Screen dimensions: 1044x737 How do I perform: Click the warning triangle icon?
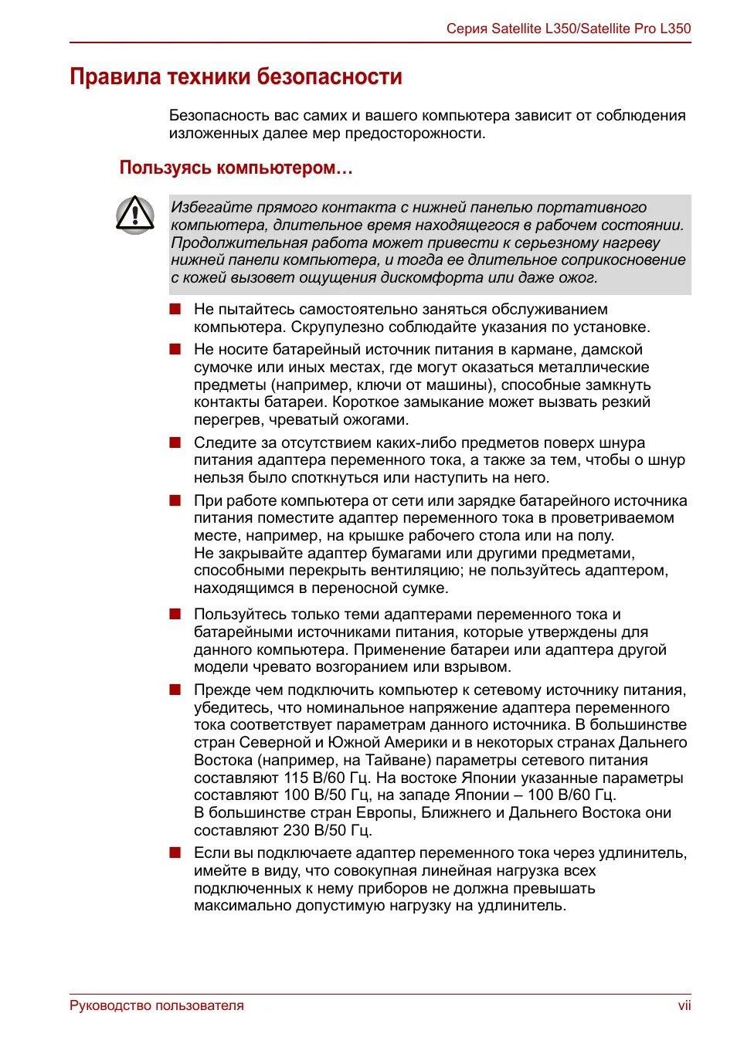pyautogui.click(x=135, y=214)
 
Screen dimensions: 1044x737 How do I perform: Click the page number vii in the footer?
pyautogui.click(x=684, y=1005)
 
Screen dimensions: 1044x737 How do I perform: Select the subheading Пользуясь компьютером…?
pyautogui.click(x=236, y=168)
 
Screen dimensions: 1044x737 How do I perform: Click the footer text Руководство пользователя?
pyautogui.click(x=156, y=1005)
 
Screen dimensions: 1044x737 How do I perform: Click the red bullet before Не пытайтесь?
pyautogui.click(x=175, y=309)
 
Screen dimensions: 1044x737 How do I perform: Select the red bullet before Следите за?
pyautogui.click(x=175, y=442)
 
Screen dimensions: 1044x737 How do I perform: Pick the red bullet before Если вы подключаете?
pyautogui.click(x=175, y=852)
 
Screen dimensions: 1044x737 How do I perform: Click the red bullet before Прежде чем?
pyautogui.click(x=175, y=690)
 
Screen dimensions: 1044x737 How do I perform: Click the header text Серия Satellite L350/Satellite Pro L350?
pyautogui.click(x=568, y=29)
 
